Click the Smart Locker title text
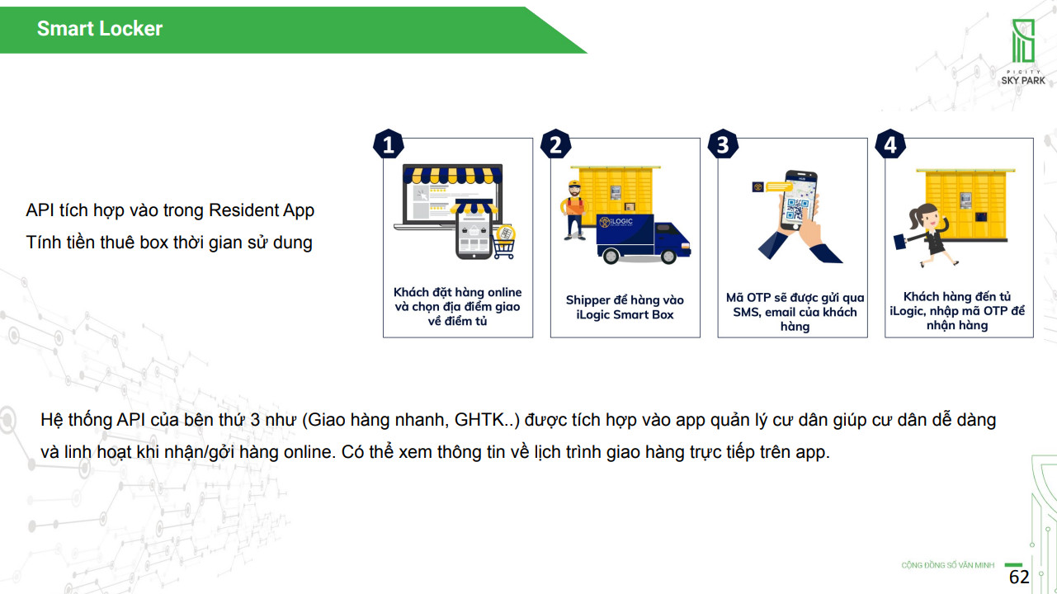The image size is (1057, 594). click(100, 29)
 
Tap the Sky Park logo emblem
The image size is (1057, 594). click(1023, 41)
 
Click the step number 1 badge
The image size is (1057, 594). click(389, 144)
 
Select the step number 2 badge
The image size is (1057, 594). click(556, 144)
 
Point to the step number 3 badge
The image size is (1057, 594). click(723, 144)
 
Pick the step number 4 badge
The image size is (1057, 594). click(890, 144)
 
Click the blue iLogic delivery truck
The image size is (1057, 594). click(643, 239)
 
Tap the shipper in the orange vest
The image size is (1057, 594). click(573, 210)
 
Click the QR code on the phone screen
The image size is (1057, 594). click(797, 209)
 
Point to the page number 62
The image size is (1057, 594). click(1019, 577)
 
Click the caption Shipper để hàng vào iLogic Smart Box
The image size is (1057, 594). click(625, 307)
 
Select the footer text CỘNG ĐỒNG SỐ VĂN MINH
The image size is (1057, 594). click(947, 565)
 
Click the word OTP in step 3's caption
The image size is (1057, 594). click(758, 298)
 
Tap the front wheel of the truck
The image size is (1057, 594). click(668, 257)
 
